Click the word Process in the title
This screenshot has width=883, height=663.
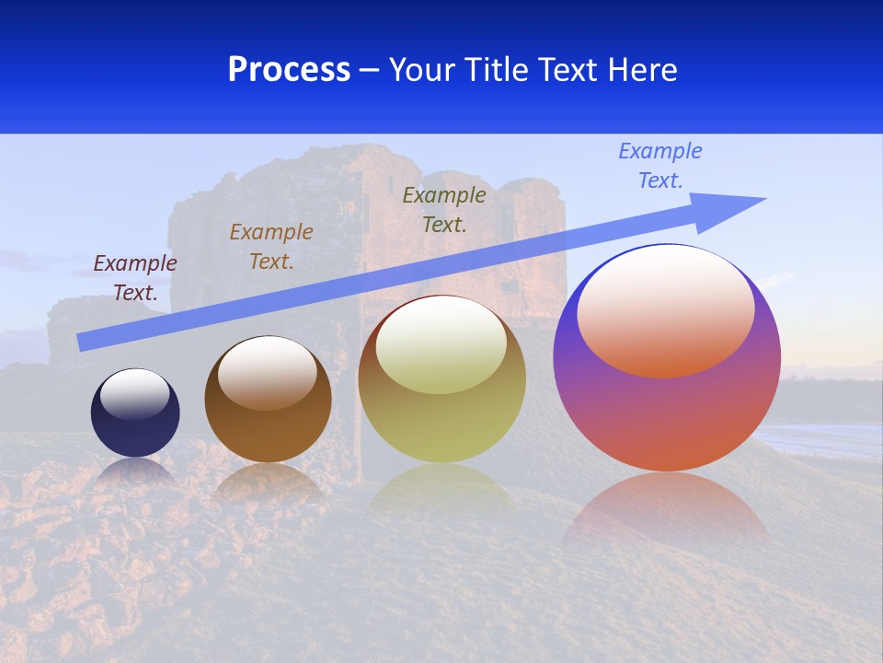click(289, 70)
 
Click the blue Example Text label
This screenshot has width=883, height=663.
click(660, 166)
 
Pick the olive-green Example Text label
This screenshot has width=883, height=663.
click(444, 209)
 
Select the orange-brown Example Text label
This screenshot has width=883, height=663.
click(271, 246)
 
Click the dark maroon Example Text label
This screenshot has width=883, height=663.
click(135, 277)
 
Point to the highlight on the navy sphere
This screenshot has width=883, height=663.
click(135, 393)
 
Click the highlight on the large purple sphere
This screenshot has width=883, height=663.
click(665, 311)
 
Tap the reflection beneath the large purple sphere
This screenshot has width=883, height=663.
click(666, 506)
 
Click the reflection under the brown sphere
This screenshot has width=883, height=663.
click(268, 483)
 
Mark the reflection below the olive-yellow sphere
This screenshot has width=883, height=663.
click(441, 488)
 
